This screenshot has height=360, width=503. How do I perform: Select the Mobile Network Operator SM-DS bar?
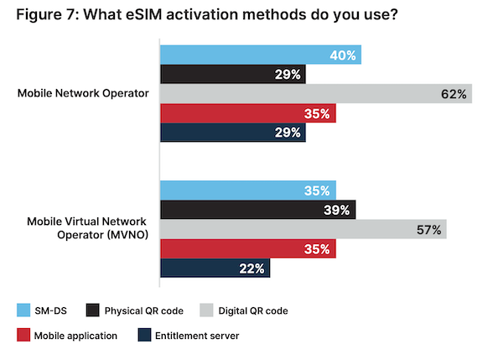[x=260, y=55]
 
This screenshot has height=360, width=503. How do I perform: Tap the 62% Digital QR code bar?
[x=315, y=94]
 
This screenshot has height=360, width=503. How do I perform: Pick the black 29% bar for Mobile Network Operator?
[x=232, y=75]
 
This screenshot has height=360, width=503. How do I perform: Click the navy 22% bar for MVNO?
[x=215, y=269]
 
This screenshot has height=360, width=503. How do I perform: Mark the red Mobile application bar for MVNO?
[x=248, y=248]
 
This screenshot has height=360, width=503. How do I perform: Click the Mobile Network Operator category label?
[x=84, y=94]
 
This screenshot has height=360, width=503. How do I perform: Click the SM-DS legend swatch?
[x=24, y=310]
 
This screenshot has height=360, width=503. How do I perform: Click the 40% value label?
[x=344, y=55]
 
